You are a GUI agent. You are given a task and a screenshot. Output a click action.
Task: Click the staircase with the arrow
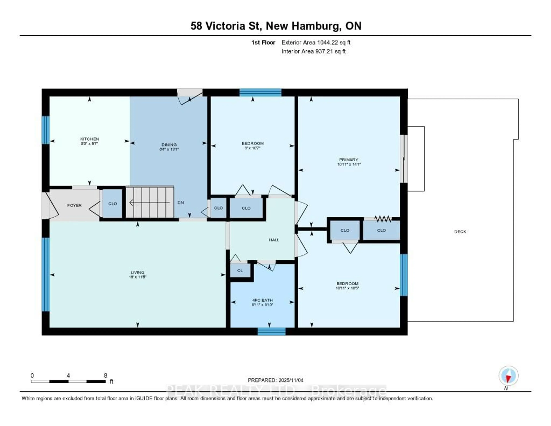150,202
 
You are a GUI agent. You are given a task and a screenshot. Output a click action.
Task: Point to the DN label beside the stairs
181,203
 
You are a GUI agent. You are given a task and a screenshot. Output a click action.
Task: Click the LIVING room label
137,272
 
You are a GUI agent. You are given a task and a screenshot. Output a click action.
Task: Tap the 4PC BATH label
262,300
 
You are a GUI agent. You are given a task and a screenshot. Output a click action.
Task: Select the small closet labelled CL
240,270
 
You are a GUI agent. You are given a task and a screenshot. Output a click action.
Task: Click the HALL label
274,240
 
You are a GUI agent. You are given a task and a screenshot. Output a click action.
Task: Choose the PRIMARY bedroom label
348,160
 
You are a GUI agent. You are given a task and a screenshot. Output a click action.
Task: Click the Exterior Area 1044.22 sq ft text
316,42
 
